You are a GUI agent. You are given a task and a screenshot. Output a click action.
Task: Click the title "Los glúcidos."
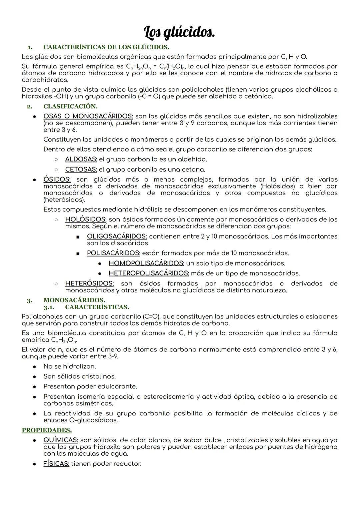[x=179, y=33]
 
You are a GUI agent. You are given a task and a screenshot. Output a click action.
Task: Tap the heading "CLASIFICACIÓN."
[x=70, y=106]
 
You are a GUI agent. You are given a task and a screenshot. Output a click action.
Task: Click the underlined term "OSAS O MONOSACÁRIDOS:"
[x=88, y=116]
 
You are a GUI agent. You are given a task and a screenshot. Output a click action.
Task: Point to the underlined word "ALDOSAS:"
[x=81, y=159]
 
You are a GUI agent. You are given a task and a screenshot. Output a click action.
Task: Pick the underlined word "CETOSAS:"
[x=81, y=170]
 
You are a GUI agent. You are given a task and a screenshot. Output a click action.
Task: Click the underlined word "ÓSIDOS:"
[x=57, y=180]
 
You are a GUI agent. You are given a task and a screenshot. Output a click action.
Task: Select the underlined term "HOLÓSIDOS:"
[x=86, y=220]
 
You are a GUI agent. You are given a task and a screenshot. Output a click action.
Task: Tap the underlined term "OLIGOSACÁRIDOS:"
[x=117, y=236]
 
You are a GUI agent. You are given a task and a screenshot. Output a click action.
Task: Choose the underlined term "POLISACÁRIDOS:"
[x=113, y=253]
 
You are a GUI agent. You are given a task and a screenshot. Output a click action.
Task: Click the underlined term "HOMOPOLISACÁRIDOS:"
[x=146, y=263]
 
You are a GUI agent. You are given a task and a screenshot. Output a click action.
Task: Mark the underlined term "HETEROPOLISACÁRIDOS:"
[x=149, y=273]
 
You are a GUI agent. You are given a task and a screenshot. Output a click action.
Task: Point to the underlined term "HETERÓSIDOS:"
[x=89, y=283]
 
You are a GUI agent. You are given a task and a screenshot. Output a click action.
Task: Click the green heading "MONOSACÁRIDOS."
[x=74, y=300]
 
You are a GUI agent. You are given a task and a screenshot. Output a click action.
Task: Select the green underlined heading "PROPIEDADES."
[x=47, y=430]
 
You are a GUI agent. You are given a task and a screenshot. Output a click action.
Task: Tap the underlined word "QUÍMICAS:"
[x=61, y=440]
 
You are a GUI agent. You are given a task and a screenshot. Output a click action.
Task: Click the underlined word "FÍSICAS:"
[x=56, y=464]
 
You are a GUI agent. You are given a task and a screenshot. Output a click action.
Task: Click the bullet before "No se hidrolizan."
[x=34, y=367]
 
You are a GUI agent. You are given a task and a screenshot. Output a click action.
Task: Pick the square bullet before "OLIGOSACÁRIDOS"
[x=78, y=237]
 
